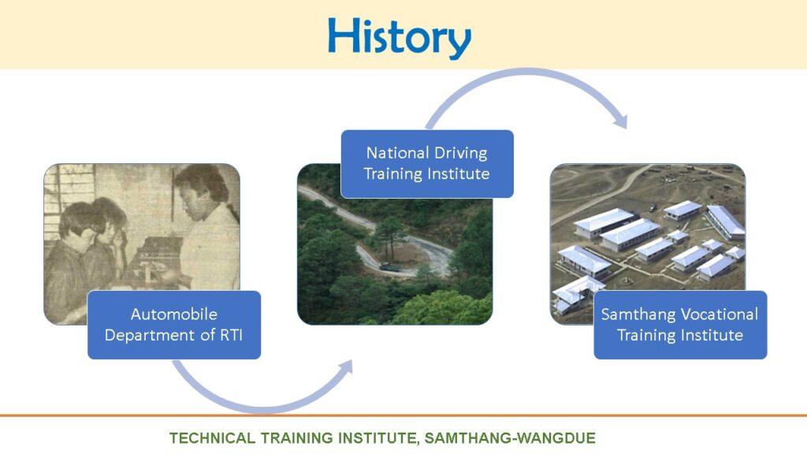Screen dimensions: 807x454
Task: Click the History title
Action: click(x=400, y=37)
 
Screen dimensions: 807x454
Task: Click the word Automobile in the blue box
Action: click(x=174, y=314)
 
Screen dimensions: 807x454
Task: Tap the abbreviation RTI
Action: click(x=231, y=335)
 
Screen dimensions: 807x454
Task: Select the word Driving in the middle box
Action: click(x=460, y=154)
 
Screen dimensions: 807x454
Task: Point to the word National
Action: click(x=397, y=153)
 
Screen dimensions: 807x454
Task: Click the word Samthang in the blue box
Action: click(x=638, y=314)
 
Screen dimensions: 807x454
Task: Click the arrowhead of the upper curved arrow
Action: click(x=621, y=121)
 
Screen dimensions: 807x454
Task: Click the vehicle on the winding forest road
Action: click(x=389, y=266)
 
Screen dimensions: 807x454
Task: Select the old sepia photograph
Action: click(x=142, y=244)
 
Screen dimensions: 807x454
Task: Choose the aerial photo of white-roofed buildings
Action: click(x=648, y=244)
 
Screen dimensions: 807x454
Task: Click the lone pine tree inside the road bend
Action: click(x=389, y=235)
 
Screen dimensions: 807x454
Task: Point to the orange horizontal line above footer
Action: click(x=403, y=415)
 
